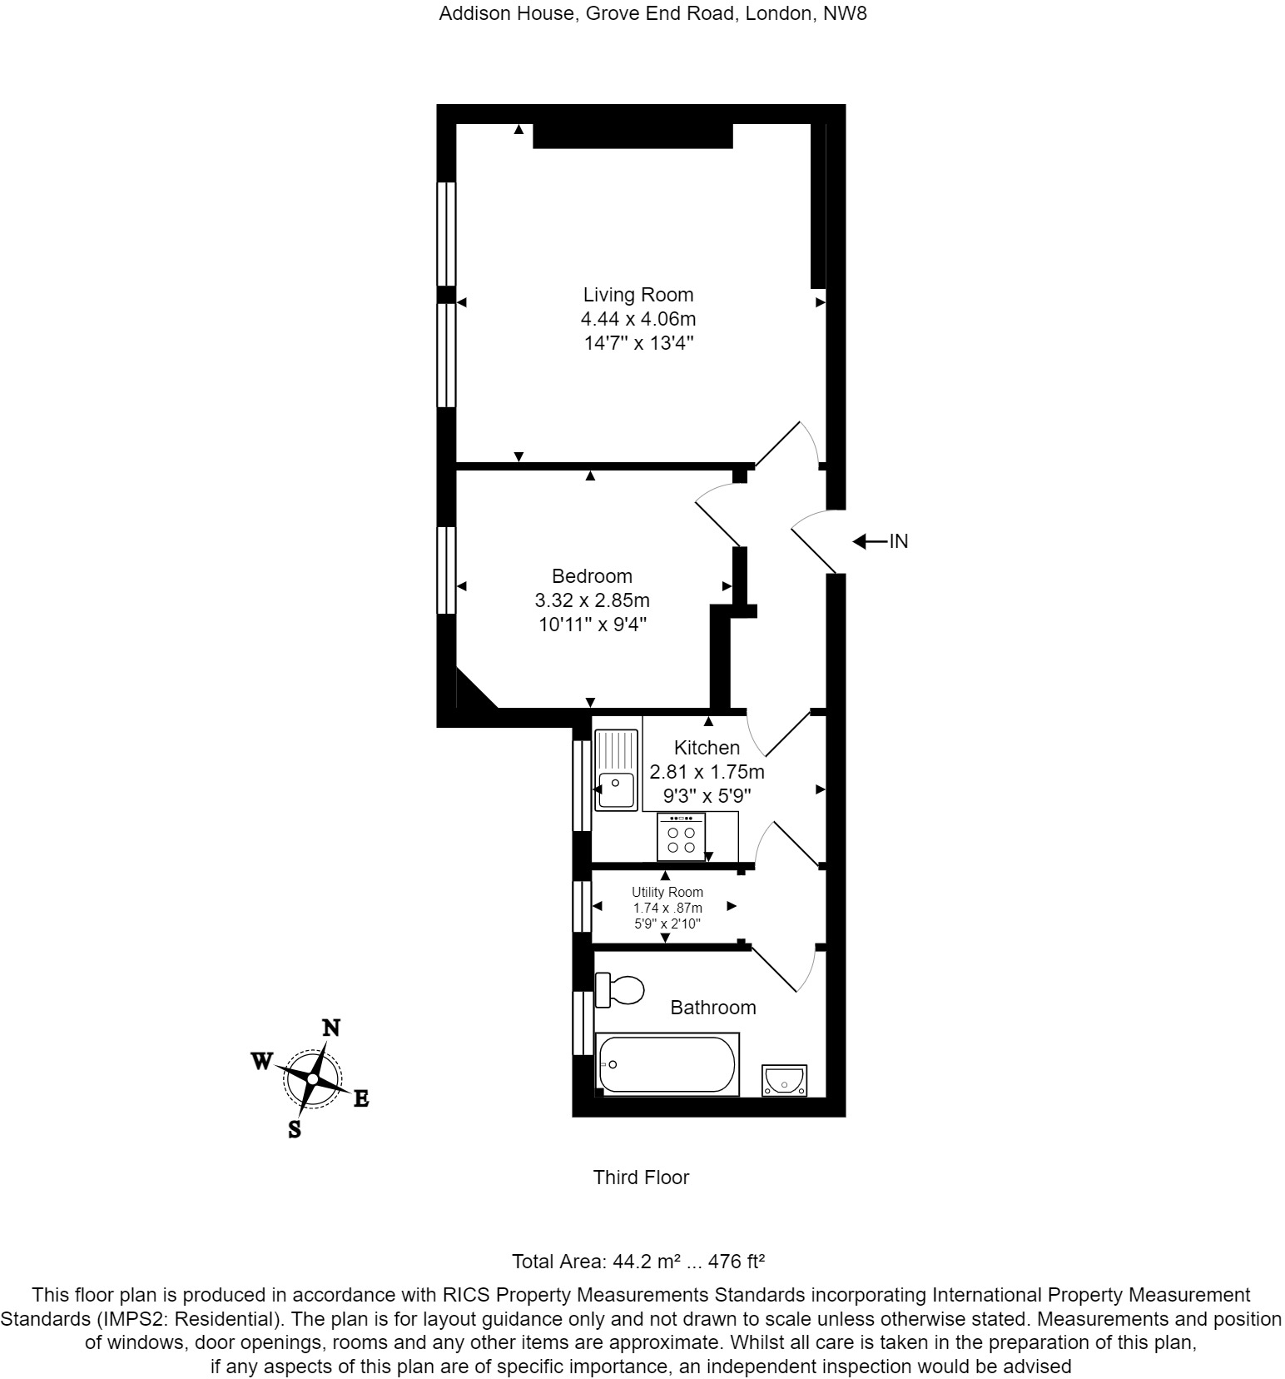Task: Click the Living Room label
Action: [x=638, y=295]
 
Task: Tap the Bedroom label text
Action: [x=592, y=576]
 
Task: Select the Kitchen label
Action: [x=707, y=748]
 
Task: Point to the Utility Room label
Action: [x=667, y=892]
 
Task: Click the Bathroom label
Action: [x=713, y=1008]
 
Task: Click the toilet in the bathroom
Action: [x=621, y=989]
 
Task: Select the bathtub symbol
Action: [x=667, y=1063]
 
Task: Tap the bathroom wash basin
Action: [x=785, y=1080]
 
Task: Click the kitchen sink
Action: [x=616, y=769]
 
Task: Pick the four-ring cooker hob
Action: [x=681, y=837]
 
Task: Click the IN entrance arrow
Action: [x=870, y=542]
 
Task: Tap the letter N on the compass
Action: [x=331, y=1028]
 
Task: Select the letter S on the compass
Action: [x=294, y=1129]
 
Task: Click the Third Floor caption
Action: [x=641, y=1177]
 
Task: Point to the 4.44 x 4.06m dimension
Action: [x=638, y=319]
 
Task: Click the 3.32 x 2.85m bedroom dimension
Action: [x=592, y=600]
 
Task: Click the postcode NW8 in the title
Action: [x=847, y=13]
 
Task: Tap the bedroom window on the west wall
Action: [x=447, y=570]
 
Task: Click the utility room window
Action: [x=581, y=906]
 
